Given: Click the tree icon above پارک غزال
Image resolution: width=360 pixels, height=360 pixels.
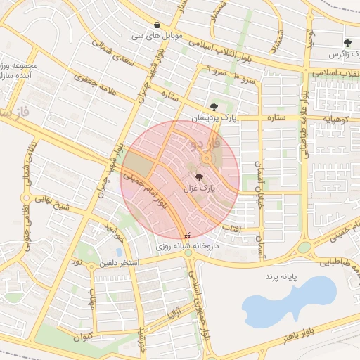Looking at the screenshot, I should click(x=199, y=177).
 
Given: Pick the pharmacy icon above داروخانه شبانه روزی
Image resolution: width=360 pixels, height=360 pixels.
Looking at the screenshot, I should click(x=187, y=236).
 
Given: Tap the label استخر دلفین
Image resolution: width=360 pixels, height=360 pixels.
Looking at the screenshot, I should click(x=121, y=263).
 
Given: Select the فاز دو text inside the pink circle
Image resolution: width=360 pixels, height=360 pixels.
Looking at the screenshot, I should click(x=205, y=144).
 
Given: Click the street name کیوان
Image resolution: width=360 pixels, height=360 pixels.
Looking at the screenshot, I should click(x=82, y=337).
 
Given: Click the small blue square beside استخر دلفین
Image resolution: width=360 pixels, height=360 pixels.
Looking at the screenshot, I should click(x=119, y=252).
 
